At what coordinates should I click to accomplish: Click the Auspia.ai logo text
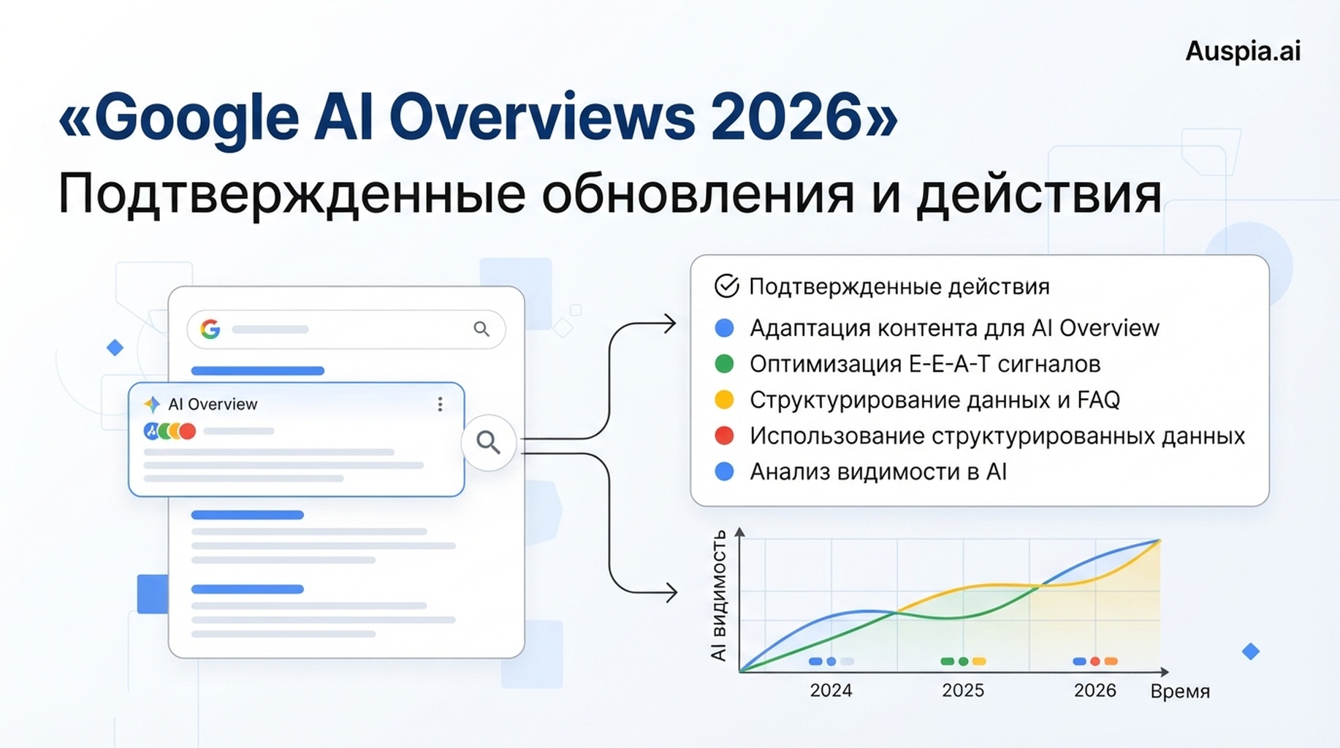[1243, 51]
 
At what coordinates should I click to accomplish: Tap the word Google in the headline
[197, 119]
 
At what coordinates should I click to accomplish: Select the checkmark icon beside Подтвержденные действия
[726, 286]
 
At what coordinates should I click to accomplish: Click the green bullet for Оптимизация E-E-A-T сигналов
[724, 364]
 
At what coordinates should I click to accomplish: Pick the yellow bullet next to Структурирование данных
[724, 400]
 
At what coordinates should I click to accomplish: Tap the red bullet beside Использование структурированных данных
[724, 435]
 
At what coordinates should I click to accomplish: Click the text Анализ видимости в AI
[878, 472]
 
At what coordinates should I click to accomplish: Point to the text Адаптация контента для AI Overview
[954, 328]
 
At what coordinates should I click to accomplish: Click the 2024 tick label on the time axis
[831, 690]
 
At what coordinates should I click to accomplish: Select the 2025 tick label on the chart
[963, 690]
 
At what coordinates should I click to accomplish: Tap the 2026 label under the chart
[1095, 690]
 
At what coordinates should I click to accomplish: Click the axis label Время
[1180, 691]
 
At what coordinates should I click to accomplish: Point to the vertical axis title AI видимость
[719, 595]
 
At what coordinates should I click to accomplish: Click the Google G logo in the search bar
[210, 329]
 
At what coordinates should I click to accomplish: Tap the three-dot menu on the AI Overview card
[440, 404]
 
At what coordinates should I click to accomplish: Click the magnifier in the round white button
[488, 442]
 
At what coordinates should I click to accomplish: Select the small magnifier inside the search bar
[481, 329]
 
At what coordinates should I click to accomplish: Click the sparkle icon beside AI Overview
[152, 404]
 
